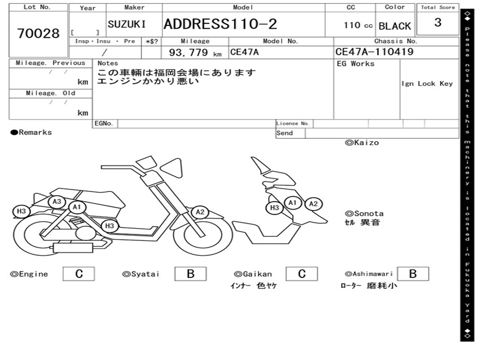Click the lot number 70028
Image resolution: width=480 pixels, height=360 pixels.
[x=38, y=33]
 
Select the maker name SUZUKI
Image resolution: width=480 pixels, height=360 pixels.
[x=127, y=24]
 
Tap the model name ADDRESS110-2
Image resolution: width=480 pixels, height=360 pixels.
[x=220, y=24]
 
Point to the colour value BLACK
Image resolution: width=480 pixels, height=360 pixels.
[x=395, y=26]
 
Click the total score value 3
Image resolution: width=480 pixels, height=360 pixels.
[x=437, y=23]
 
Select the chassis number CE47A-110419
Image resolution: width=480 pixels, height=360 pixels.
[x=374, y=52]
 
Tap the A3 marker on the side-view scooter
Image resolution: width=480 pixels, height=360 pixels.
[x=57, y=202]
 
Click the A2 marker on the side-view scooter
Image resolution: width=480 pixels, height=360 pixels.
[x=200, y=212]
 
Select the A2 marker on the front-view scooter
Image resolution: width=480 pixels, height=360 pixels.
[x=313, y=203]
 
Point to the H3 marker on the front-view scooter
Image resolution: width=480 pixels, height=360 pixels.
[x=275, y=208]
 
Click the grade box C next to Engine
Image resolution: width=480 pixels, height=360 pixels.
[x=79, y=274]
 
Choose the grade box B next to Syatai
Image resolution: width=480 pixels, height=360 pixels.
[x=190, y=274]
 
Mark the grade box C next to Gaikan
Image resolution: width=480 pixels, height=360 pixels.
[x=302, y=274]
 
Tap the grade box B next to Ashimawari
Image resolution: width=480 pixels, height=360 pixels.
[x=412, y=274]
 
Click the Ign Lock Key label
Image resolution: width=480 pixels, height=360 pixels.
[x=427, y=83]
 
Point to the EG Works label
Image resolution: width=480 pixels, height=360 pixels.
[x=356, y=64]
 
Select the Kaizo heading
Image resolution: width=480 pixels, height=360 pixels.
[x=362, y=142]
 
